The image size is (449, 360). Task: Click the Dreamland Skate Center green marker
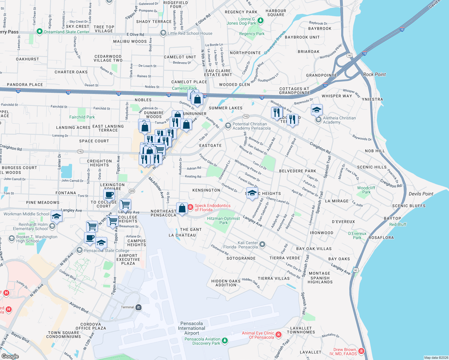click(39, 31)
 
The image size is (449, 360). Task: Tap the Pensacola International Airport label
click(191, 328)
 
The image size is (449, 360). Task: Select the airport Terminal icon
click(138, 307)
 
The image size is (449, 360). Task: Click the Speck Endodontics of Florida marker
click(190, 207)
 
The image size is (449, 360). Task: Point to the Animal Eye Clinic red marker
click(279, 334)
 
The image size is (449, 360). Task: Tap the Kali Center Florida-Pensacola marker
click(262, 244)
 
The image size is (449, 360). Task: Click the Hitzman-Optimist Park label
click(223, 220)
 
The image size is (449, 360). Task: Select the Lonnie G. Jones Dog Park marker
click(261, 20)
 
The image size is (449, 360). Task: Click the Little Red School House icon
click(163, 33)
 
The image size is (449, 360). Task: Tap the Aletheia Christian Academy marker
click(318, 120)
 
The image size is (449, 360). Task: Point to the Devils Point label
click(421, 194)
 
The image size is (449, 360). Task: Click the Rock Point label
click(374, 74)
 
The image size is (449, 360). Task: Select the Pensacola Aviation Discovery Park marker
click(224, 340)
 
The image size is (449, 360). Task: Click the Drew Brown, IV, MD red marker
click(361, 351)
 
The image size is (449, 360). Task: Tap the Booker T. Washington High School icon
click(12, 238)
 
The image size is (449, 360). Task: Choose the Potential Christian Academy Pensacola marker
click(228, 125)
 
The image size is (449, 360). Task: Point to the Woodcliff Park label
click(366, 190)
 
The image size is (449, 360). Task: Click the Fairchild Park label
click(82, 117)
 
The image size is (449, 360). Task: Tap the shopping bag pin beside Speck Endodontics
click(182, 208)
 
